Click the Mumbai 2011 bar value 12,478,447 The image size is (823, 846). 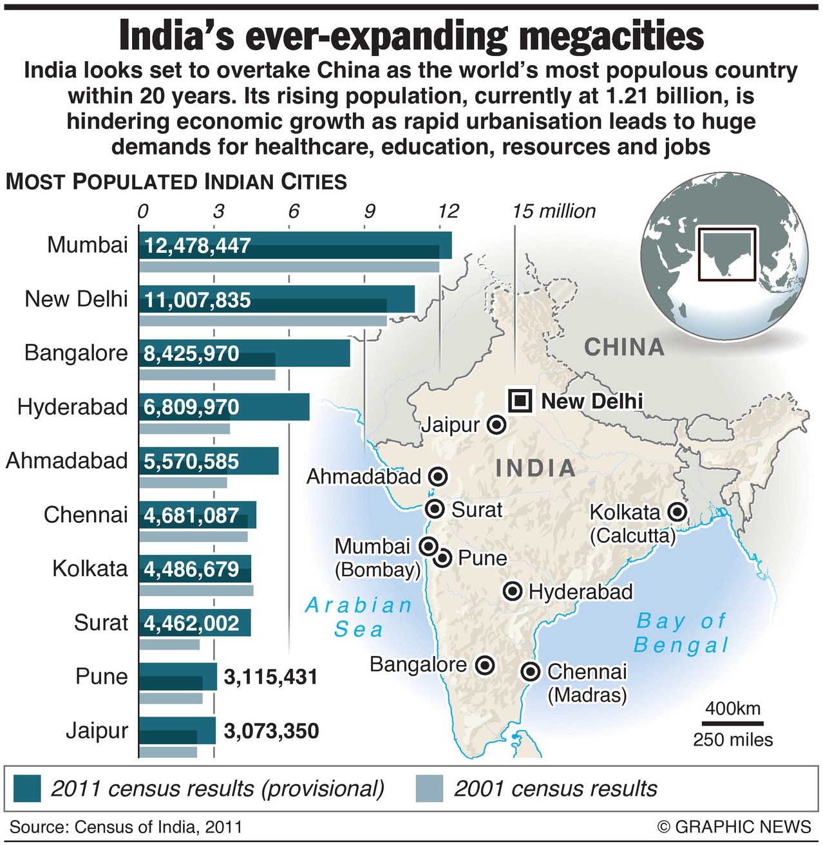point(197,246)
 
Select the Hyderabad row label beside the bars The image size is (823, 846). point(73,407)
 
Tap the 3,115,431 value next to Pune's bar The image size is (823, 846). point(270,677)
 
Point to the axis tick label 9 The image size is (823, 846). point(369,211)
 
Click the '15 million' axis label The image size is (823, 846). point(554,211)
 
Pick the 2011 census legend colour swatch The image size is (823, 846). point(26,788)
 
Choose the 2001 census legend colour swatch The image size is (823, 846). point(430,788)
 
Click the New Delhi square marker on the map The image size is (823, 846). point(519,400)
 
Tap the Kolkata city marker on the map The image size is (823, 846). point(677,512)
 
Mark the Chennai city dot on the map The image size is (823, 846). point(530,672)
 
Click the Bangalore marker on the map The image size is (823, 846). point(484,665)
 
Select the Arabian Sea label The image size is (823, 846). point(359,617)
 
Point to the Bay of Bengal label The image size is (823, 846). point(681,633)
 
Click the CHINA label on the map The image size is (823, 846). point(623,348)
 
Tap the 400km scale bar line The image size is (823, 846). point(732,724)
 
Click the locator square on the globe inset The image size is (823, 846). point(728,254)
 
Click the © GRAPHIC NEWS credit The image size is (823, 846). point(734,827)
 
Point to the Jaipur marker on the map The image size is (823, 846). point(496,425)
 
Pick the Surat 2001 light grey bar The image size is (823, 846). point(169,644)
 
